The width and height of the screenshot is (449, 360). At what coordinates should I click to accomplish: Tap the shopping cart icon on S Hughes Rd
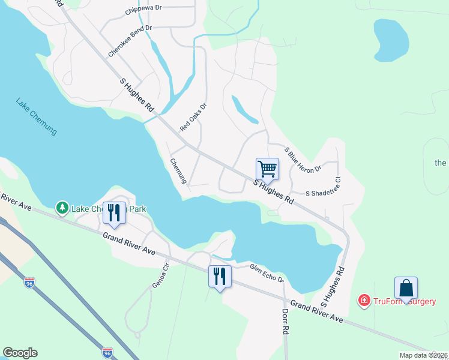tap(267, 169)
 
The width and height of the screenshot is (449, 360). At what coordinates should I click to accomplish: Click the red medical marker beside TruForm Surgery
tap(363, 301)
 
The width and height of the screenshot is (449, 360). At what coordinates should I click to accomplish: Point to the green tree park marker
tap(62, 208)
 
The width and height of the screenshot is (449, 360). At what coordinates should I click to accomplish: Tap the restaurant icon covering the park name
tap(114, 212)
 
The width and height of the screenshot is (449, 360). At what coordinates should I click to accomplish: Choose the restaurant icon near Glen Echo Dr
tap(219, 276)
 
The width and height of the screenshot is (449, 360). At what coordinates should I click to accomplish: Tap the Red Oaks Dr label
tap(193, 118)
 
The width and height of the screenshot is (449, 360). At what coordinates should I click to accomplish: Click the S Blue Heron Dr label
tap(303, 160)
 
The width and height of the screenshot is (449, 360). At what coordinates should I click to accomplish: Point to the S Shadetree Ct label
tap(323, 194)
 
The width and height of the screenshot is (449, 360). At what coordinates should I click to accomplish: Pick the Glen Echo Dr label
tap(266, 274)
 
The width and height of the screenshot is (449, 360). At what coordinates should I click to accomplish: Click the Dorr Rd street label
tap(286, 322)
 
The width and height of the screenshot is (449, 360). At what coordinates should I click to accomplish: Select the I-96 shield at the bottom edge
tap(107, 353)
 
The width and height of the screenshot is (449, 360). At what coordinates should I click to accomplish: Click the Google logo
tap(20, 353)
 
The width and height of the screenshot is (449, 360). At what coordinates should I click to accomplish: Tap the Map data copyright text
tap(423, 355)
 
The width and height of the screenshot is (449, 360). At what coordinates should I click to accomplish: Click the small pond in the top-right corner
tap(391, 40)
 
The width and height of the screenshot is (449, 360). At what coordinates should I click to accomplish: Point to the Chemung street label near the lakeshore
tap(179, 171)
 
